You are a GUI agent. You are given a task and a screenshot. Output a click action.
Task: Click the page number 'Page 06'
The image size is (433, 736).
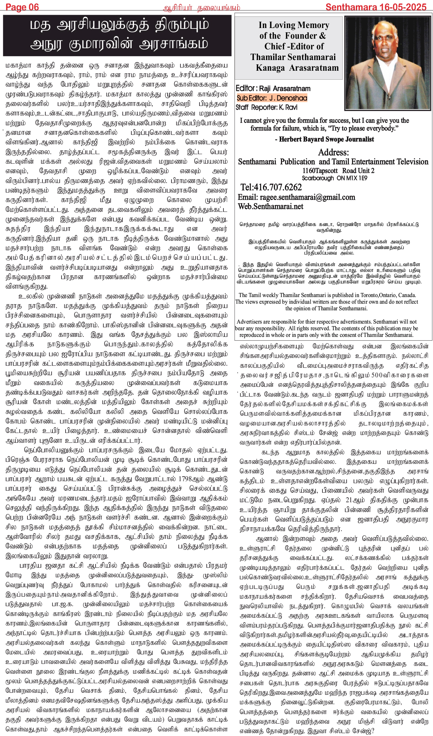point(22,7)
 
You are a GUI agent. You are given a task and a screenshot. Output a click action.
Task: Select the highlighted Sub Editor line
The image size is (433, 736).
point(272,98)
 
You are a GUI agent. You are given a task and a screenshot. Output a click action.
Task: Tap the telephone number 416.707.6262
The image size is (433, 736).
point(276,187)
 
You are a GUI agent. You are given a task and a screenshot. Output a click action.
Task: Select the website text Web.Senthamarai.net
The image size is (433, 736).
point(270,206)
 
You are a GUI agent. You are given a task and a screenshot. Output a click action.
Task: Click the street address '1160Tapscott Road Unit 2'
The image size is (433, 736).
point(338,171)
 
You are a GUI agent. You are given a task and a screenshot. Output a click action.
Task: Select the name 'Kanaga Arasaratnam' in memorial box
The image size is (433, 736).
point(297,68)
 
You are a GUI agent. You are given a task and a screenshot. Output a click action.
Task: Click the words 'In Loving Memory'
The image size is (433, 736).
point(294,25)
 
